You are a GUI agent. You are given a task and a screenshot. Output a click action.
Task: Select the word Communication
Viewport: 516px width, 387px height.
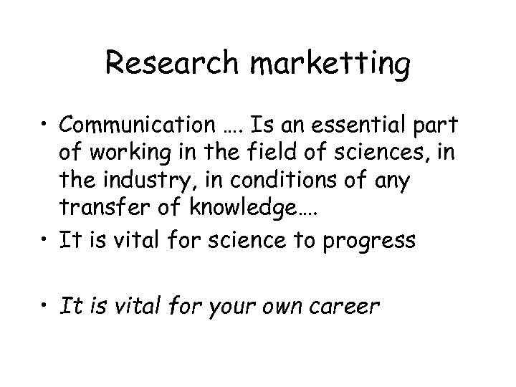[x=150, y=126]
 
